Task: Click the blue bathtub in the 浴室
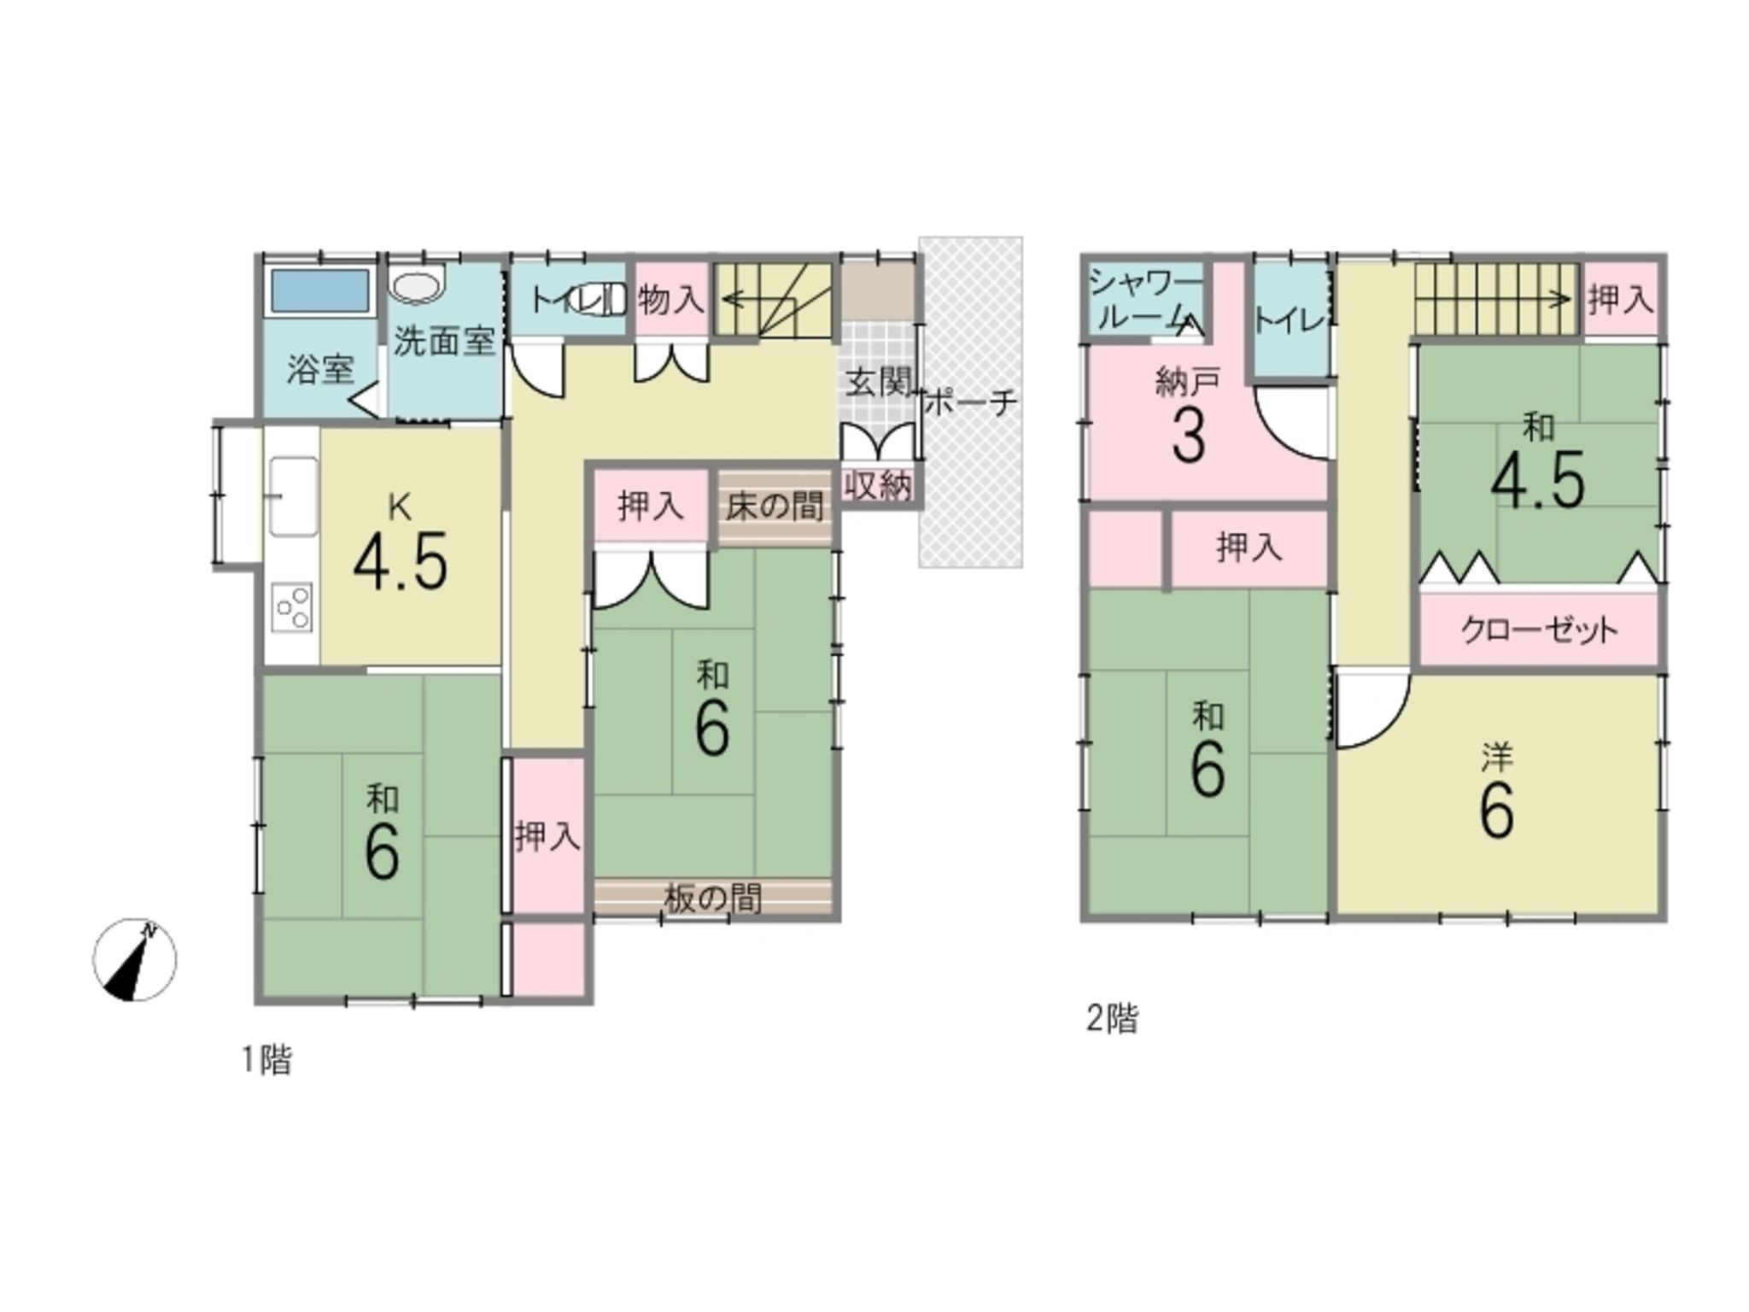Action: (x=320, y=291)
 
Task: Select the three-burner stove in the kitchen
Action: (x=292, y=607)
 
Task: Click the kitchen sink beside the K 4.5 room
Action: (x=293, y=496)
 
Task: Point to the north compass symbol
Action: (x=134, y=960)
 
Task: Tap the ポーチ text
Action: (x=971, y=402)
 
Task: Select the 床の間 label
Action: (x=775, y=507)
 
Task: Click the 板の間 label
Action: (x=713, y=899)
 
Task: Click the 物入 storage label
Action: (x=671, y=300)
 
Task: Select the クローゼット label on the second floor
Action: (x=1538, y=630)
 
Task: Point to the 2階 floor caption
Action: (x=1112, y=1019)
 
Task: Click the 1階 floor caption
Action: (x=267, y=1060)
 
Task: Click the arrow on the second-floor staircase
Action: (x=1494, y=299)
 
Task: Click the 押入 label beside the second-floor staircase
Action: (x=1620, y=300)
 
